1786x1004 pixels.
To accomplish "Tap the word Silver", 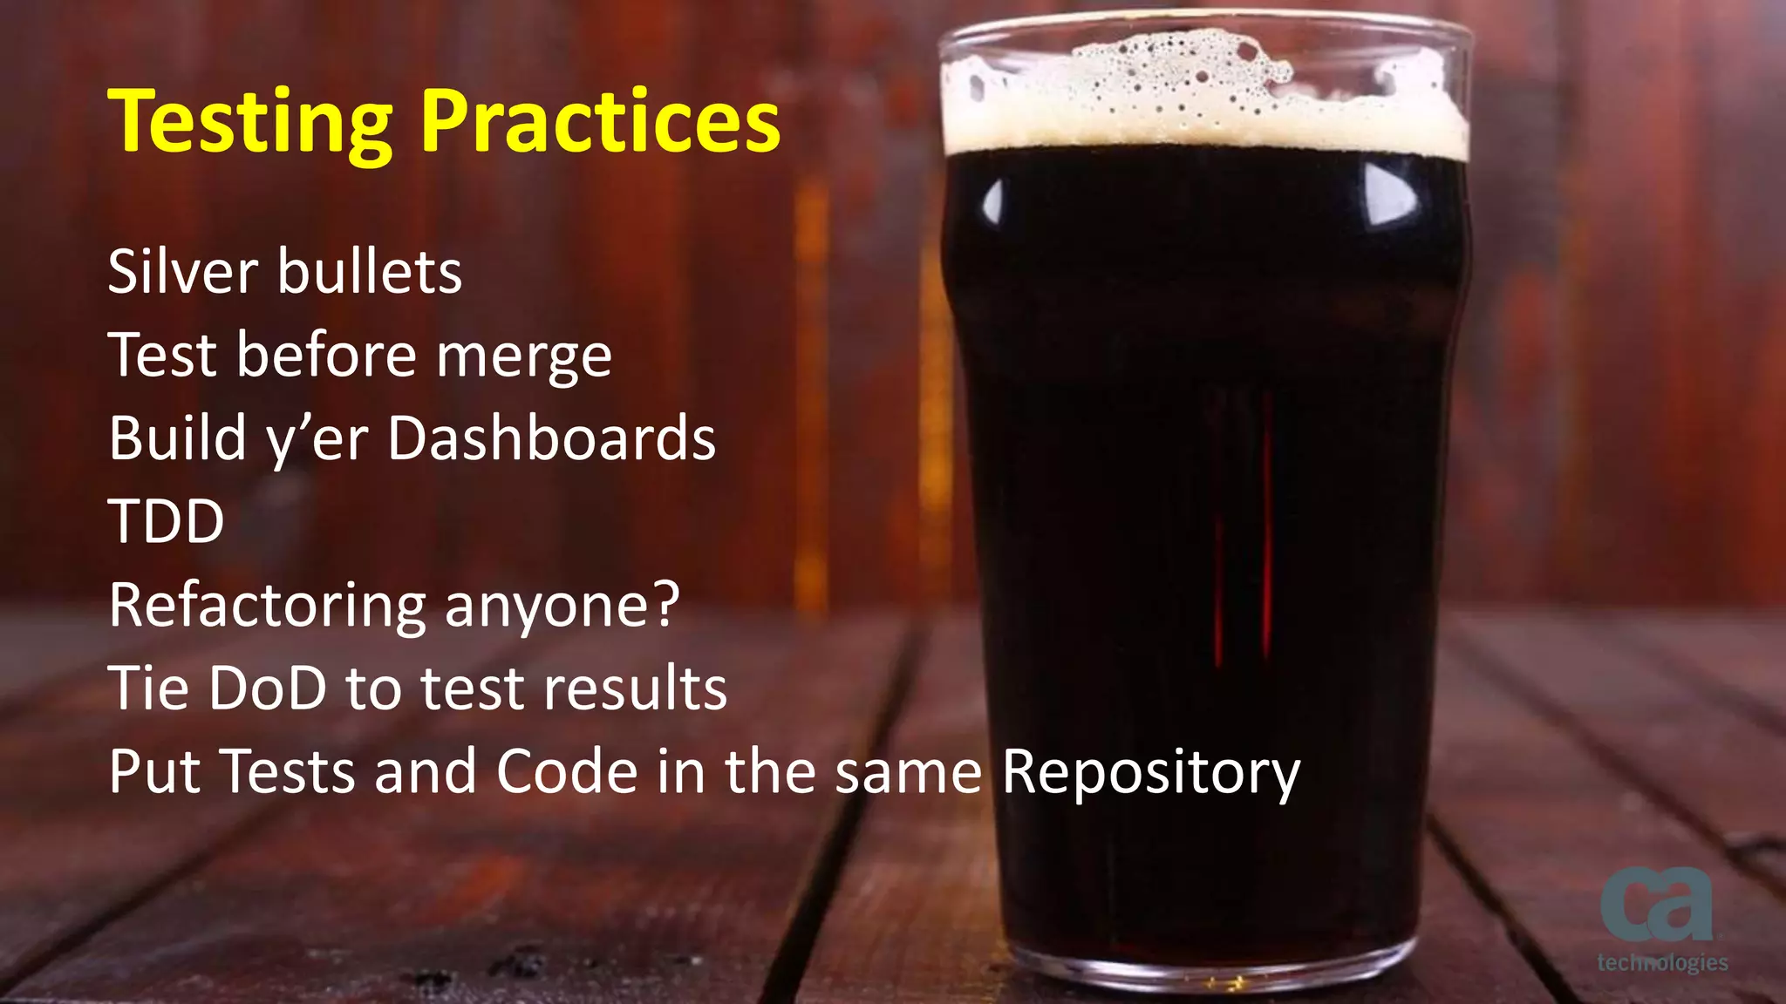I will coord(183,272).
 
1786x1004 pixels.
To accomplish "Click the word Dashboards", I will coord(551,438).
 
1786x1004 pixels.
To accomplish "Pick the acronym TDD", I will coord(166,522).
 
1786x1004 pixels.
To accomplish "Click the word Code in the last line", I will coord(567,772).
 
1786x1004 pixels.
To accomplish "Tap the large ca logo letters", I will coord(1655,906).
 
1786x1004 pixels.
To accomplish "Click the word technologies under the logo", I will coord(1662,962).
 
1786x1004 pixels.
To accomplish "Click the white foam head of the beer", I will coord(1203,96).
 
